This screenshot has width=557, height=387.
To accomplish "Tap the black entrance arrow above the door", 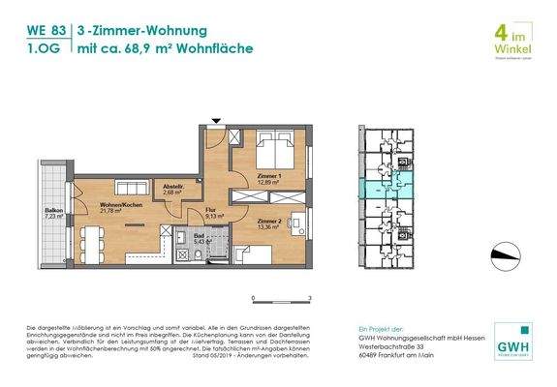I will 217,121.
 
